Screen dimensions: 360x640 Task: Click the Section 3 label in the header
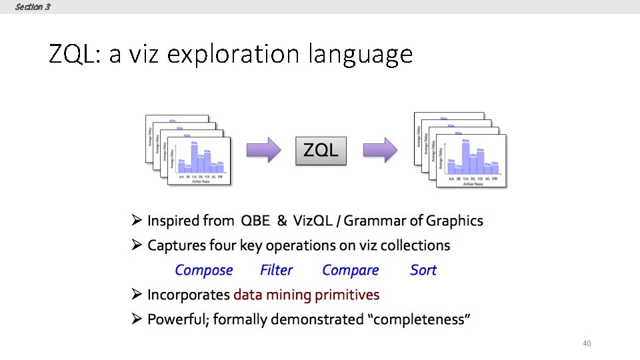[32, 7]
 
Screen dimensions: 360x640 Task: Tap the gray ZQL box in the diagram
[321, 150]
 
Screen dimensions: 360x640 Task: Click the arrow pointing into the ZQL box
[263, 150]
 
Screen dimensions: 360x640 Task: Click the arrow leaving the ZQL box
[381, 150]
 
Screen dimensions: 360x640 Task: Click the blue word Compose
[203, 270]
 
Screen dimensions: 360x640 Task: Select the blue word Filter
[276, 270]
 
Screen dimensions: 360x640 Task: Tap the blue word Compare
[350, 270]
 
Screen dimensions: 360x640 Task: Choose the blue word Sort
[423, 270]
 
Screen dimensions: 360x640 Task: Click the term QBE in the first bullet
[256, 221]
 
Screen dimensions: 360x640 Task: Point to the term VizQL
[314, 221]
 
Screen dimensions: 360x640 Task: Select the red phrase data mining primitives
[306, 295]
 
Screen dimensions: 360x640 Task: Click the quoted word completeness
[419, 319]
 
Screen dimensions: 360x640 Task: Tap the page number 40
[587, 343]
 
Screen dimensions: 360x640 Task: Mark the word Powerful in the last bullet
[174, 319]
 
